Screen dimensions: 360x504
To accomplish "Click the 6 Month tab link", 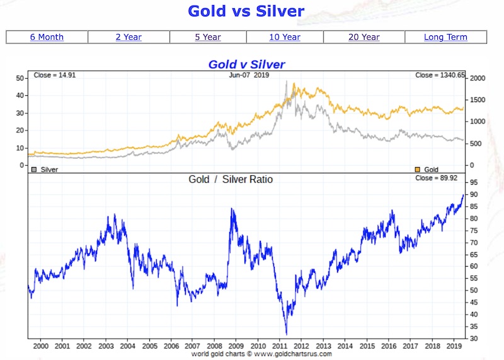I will pyautogui.click(x=47, y=37).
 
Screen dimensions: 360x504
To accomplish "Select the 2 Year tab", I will pyautogui.click(x=129, y=37).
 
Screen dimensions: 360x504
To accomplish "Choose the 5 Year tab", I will pyautogui.click(x=208, y=37).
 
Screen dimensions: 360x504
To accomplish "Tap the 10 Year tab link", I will pyautogui.click(x=285, y=37).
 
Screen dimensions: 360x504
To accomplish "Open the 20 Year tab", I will pyautogui.click(x=364, y=37).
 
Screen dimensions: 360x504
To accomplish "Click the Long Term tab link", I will pyautogui.click(x=445, y=37).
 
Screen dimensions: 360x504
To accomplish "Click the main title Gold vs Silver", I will pyautogui.click(x=246, y=11).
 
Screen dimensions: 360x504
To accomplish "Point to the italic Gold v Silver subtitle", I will pyautogui.click(x=246, y=64).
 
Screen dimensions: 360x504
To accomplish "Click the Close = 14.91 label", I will pyautogui.click(x=52, y=76).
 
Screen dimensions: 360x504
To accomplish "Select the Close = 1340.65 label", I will pyautogui.click(x=440, y=76).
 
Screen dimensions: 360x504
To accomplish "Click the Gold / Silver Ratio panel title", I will pyautogui.click(x=231, y=180).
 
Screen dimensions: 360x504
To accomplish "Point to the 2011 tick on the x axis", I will pyautogui.click(x=280, y=346).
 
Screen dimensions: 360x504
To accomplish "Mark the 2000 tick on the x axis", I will pyautogui.click(x=40, y=346).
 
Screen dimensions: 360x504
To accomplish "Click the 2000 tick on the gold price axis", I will pyautogui.click(x=477, y=78).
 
